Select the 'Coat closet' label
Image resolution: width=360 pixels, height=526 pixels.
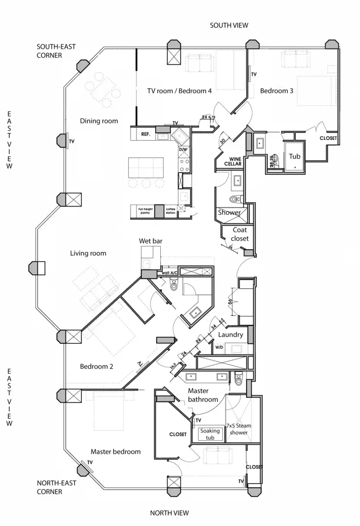pos(240,234)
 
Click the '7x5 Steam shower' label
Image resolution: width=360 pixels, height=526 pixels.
pos(238,429)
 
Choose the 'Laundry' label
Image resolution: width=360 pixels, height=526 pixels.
pos(230,335)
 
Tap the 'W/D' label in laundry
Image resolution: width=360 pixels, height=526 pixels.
pos(219,348)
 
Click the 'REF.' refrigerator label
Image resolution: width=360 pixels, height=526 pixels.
pos(145,133)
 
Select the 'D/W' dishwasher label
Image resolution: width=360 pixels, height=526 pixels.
pos(183,150)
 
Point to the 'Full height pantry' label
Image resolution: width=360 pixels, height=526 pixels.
pos(142,210)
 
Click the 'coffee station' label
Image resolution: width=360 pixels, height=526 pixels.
pos(170,210)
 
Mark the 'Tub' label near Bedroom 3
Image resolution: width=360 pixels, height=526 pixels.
pos(295,156)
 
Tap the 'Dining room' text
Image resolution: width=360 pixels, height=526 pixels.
pos(99,121)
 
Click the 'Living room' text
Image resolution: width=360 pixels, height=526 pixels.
pos(88,253)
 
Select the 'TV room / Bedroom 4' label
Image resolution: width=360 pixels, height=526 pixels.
pos(179,91)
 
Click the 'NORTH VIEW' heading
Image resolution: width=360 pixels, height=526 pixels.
pos(169,512)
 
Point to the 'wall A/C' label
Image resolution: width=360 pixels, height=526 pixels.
pos(169,273)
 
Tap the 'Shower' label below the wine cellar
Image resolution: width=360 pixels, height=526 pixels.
pos(229,213)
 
